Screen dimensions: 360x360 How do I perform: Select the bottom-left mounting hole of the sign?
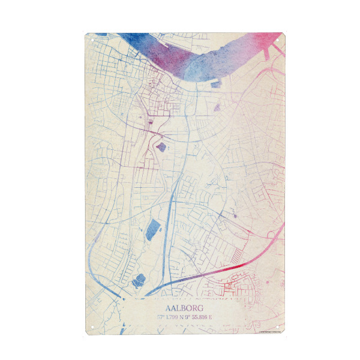(x=89, y=328)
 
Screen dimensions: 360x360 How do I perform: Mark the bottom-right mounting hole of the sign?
(x=280, y=328)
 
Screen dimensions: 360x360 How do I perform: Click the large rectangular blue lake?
(x=154, y=230)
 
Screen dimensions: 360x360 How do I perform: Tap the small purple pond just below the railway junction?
(x=161, y=146)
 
